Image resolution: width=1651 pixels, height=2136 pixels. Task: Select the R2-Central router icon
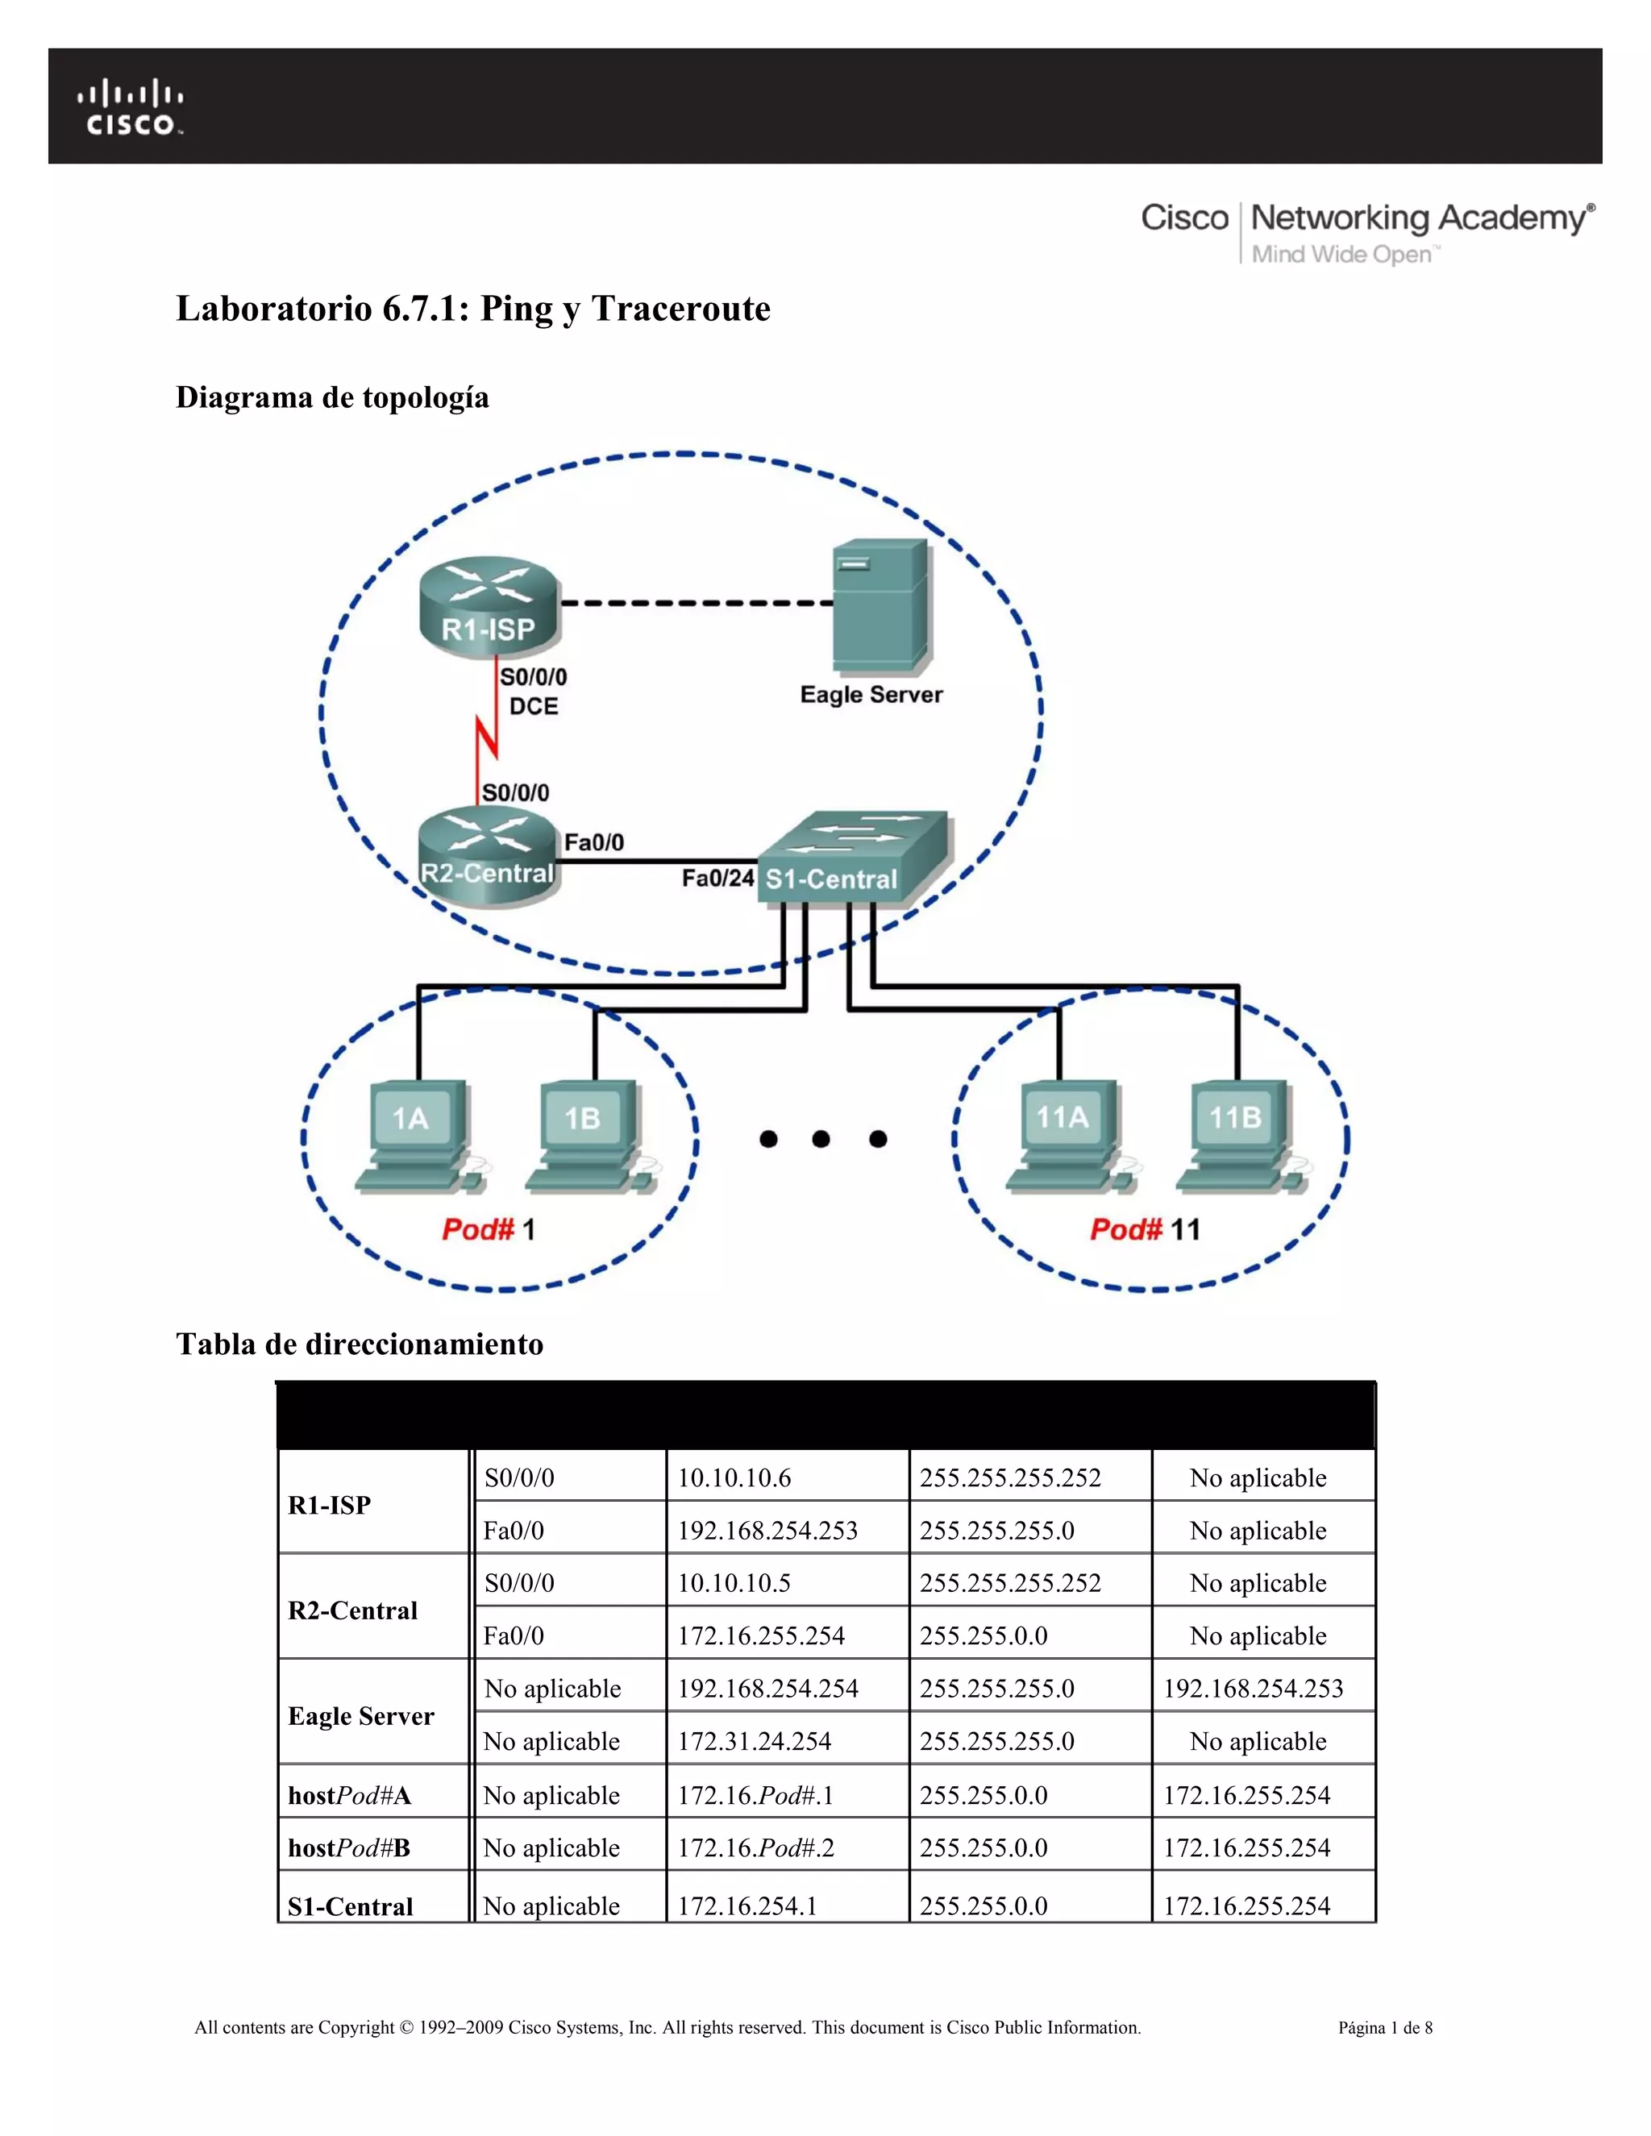(x=488, y=856)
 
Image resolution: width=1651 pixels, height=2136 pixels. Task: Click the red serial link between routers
(x=487, y=735)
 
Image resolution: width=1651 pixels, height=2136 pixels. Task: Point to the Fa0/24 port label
(x=717, y=879)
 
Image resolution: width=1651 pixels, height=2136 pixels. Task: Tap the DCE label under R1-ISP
(x=533, y=706)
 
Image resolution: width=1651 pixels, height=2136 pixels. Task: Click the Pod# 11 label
(x=1145, y=1229)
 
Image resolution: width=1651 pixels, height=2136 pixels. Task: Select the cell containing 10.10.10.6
(x=734, y=1477)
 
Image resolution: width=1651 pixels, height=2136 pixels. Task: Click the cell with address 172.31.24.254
(x=754, y=1741)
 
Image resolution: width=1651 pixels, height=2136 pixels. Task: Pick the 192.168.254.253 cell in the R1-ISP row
(x=767, y=1531)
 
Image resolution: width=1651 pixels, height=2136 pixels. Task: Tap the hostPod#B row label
(x=349, y=1847)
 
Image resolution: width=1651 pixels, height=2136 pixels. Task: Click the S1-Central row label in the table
(x=350, y=1905)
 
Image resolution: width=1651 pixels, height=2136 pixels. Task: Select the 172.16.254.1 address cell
(x=747, y=1905)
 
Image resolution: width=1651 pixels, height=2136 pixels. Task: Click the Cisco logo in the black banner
(x=130, y=107)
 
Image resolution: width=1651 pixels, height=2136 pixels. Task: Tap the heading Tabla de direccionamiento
(x=359, y=1344)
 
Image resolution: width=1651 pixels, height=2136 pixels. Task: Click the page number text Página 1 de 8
(x=1385, y=2027)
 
